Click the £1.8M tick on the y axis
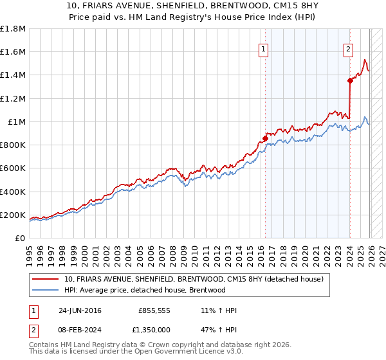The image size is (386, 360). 13,29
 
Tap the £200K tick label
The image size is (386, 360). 13,215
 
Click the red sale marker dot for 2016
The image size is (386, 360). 265,138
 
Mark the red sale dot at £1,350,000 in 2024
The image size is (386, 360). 350,80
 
